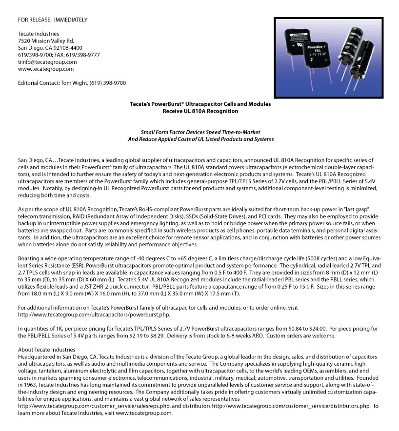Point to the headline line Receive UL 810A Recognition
pos(200,111)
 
